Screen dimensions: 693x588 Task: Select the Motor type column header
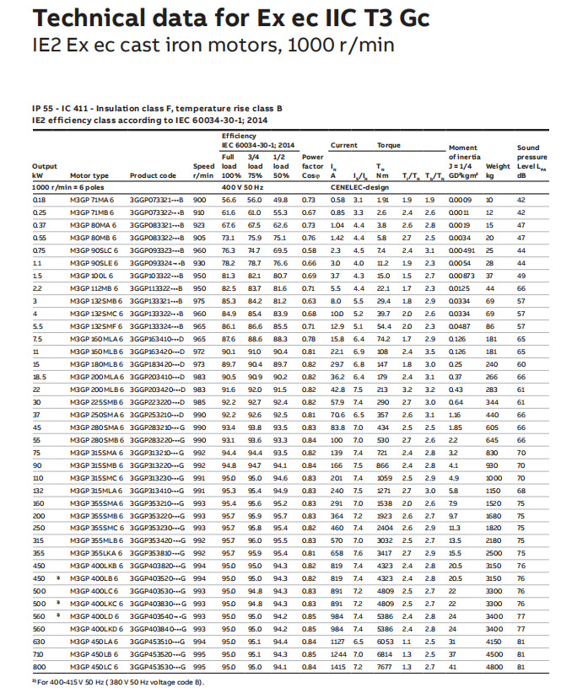coord(89,175)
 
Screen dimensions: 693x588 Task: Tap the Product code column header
coord(153,175)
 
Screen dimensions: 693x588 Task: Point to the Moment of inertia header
coord(464,157)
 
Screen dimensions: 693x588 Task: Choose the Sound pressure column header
coord(532,157)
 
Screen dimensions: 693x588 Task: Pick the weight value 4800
coord(494,667)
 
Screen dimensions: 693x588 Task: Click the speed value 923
coord(199,226)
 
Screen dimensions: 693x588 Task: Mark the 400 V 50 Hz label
coord(243,187)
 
